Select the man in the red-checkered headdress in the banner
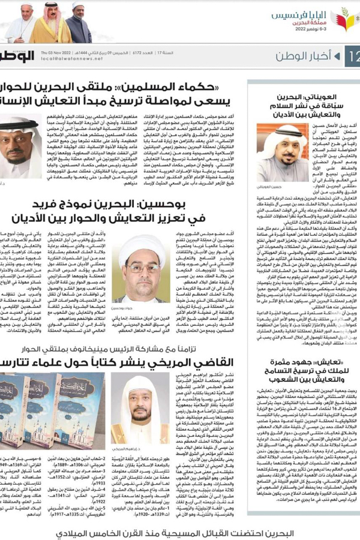click(51, 23)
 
